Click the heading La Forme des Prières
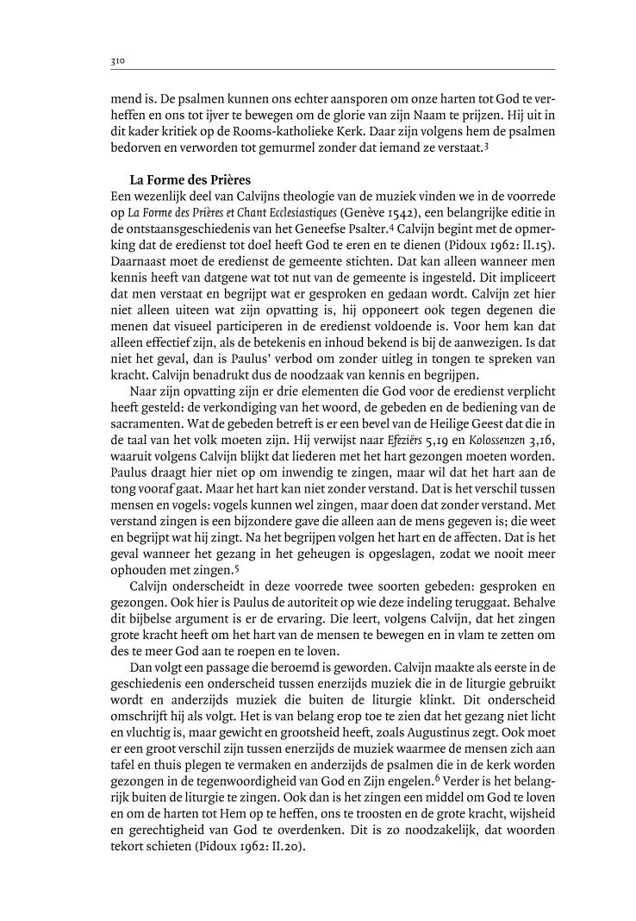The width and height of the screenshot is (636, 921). (184, 179)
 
